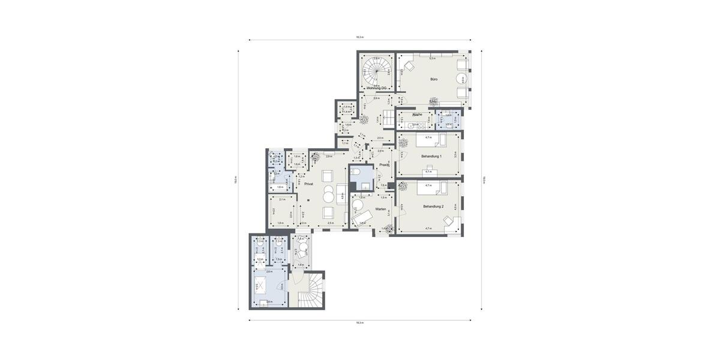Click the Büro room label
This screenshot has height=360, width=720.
coord(434,79)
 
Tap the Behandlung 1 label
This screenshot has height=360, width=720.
coord(431,156)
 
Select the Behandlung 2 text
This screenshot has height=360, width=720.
coord(433,206)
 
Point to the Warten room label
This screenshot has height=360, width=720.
coord(380,209)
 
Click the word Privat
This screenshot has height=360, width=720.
coord(308,184)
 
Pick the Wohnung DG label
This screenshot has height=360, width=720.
coord(376,88)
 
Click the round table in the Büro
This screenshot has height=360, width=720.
coord(461,79)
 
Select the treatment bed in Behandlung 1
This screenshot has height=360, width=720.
coord(432,141)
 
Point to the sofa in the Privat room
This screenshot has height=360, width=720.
coord(341,193)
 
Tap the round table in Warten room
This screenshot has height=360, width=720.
coord(358,204)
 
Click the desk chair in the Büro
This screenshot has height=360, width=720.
coord(409,65)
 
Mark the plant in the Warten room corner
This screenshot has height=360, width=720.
coord(389,228)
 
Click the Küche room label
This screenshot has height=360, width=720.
coord(418,114)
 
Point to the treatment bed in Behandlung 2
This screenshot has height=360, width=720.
coord(432,190)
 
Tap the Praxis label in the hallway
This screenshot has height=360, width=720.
coord(384,164)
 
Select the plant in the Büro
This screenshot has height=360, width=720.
coord(432,101)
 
